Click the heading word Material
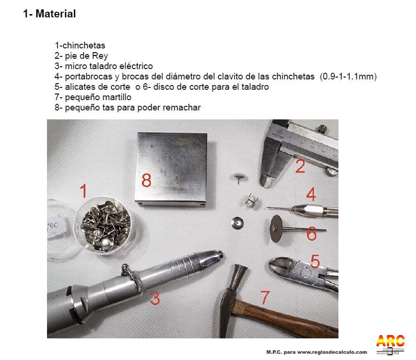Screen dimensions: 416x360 pyautogui.click(x=56, y=14)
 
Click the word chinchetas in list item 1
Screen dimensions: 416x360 pyautogui.click(x=84, y=46)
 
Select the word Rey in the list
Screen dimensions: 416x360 pyautogui.click(x=100, y=56)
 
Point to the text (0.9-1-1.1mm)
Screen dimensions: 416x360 pyautogui.click(x=348, y=77)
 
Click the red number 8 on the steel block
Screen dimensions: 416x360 pyautogui.click(x=146, y=180)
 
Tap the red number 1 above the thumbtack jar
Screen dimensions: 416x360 pyautogui.click(x=84, y=191)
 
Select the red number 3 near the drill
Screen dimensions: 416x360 pyautogui.click(x=155, y=298)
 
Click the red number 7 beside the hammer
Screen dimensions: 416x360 pyautogui.click(x=265, y=297)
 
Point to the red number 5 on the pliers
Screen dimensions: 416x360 pyautogui.click(x=315, y=261)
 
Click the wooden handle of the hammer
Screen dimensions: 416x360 pyautogui.click(x=287, y=318)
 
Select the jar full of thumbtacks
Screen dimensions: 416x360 pyautogui.click(x=106, y=225)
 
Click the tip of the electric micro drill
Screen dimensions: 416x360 pyautogui.click(x=221, y=255)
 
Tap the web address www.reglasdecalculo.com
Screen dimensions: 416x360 pyautogui.click(x=332, y=352)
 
